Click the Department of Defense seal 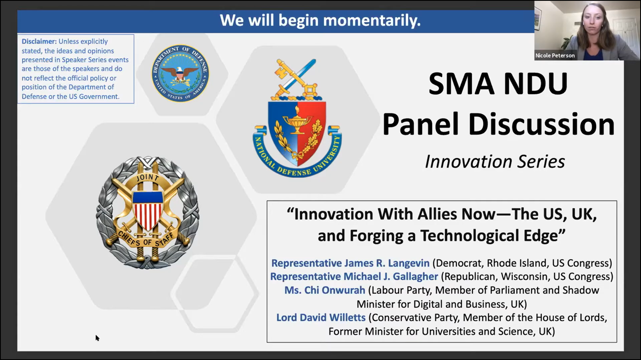coord(180,73)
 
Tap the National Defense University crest coord(297,118)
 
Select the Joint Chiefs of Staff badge coord(147,212)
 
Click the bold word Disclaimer coord(39,42)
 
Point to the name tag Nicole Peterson coord(555,55)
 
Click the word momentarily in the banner coord(372,21)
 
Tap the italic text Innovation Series coord(495,162)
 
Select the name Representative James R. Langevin coord(350,263)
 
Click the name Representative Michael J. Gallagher coord(354,277)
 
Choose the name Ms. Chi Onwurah coord(325,290)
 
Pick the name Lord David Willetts coord(321,317)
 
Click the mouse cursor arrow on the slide coord(97,338)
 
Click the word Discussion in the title coord(541,125)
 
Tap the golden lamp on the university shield coord(297,122)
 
